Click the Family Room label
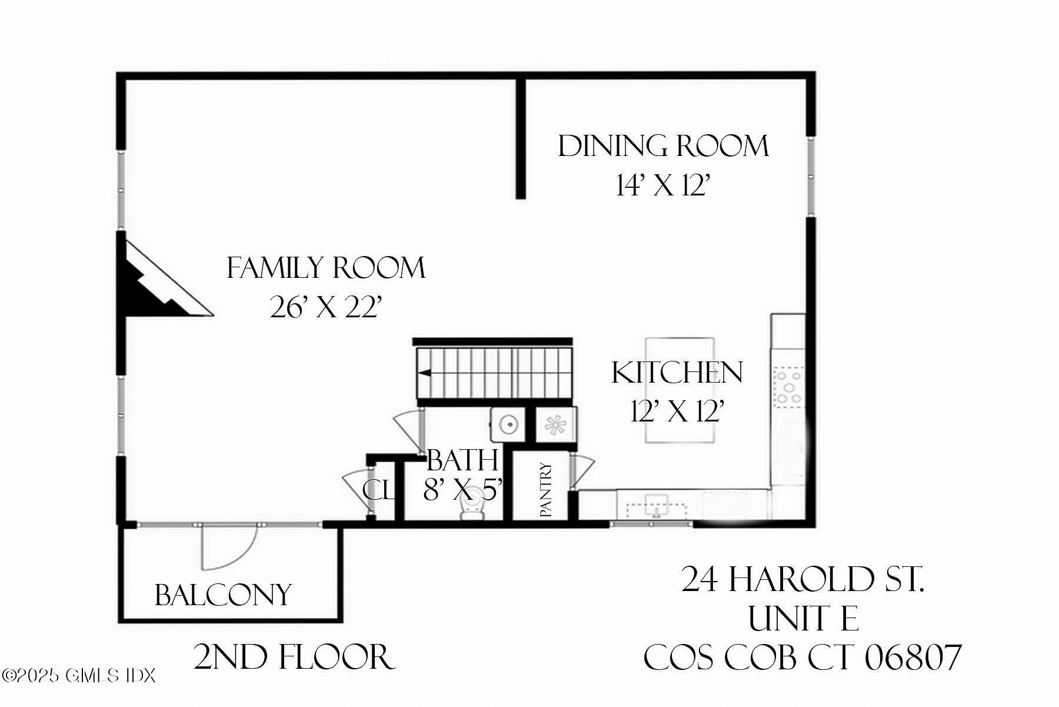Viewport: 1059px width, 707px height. pyautogui.click(x=326, y=268)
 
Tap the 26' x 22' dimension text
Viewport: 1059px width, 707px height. pyautogui.click(x=326, y=307)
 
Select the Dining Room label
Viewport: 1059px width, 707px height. pyautogui.click(x=663, y=147)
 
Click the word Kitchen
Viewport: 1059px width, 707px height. pyautogui.click(x=677, y=373)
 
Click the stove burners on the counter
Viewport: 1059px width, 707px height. pyautogui.click(x=788, y=386)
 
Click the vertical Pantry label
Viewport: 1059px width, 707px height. pyautogui.click(x=546, y=490)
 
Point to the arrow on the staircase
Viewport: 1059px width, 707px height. pyautogui.click(x=424, y=373)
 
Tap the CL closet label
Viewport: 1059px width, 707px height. pyautogui.click(x=378, y=490)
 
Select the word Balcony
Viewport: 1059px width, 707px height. pyautogui.click(x=223, y=595)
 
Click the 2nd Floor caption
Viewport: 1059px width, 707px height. pyautogui.click(x=294, y=658)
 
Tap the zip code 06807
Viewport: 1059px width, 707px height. pyautogui.click(x=913, y=658)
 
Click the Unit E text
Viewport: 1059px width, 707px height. pyautogui.click(x=803, y=619)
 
